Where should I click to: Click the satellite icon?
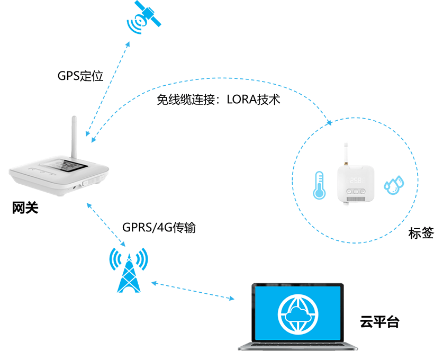coord(144,18)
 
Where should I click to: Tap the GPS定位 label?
coord(80,76)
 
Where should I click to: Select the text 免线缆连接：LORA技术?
coord(218,99)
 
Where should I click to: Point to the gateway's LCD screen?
coord(68,166)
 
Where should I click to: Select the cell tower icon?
coord(129,267)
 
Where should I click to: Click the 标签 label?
coord(421,233)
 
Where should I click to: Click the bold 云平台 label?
coord(379,321)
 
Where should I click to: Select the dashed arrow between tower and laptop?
coord(193,291)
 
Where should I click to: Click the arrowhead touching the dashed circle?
coord(329,123)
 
